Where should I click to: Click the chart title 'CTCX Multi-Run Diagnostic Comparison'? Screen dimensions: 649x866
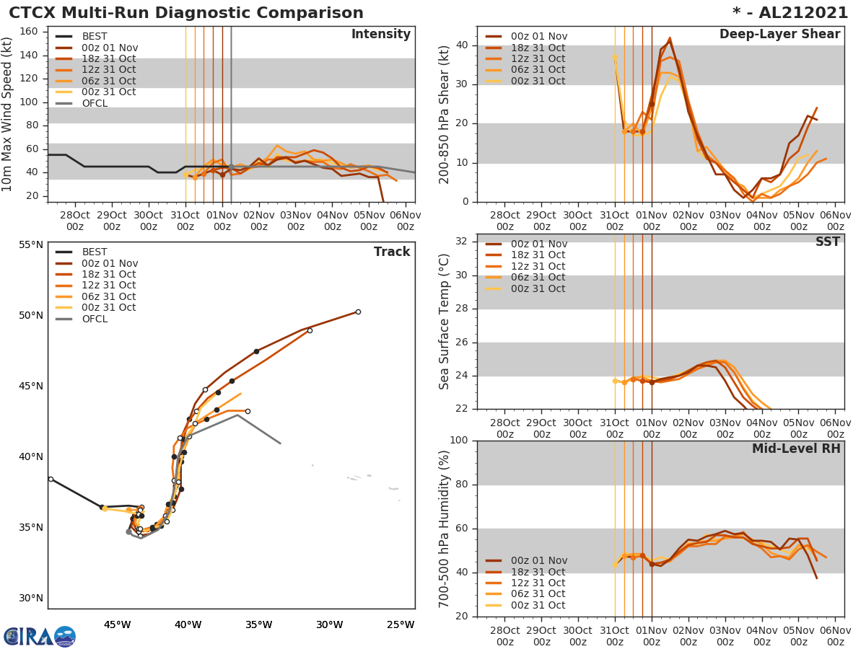[x=186, y=13]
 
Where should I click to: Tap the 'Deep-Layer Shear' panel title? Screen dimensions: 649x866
[x=779, y=35]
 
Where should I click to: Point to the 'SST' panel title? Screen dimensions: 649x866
[x=827, y=242]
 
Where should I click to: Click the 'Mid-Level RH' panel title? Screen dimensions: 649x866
[x=796, y=449]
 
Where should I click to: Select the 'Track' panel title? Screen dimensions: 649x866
[x=392, y=252]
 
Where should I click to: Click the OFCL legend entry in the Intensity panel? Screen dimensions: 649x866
[x=94, y=103]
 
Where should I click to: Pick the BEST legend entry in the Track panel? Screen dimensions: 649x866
[x=94, y=252]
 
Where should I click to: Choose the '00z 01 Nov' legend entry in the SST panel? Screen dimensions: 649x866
[x=538, y=244]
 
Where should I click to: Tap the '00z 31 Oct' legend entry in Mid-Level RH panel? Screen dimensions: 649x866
[x=538, y=605]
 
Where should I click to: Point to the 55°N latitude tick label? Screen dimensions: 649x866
[x=30, y=244]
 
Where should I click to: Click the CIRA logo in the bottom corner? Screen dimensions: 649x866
[x=39, y=637]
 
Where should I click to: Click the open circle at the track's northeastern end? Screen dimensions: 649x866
[x=358, y=312]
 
